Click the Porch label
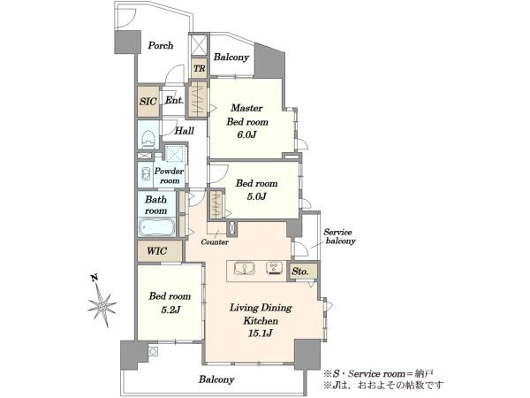(x=161, y=45)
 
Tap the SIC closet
(x=148, y=102)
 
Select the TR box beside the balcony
(x=199, y=68)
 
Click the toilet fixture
(x=148, y=139)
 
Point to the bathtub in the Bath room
(x=156, y=227)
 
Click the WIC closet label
(x=157, y=251)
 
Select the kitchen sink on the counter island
(x=244, y=269)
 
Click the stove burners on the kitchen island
(x=274, y=268)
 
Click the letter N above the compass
(x=95, y=279)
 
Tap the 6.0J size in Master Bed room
(x=246, y=134)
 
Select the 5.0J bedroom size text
(x=256, y=196)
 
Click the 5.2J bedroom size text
(x=170, y=310)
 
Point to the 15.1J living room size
(x=261, y=333)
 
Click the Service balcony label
(x=339, y=236)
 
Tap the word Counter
(x=215, y=242)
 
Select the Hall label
(x=185, y=131)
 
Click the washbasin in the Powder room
(x=146, y=174)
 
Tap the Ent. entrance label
(x=174, y=100)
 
